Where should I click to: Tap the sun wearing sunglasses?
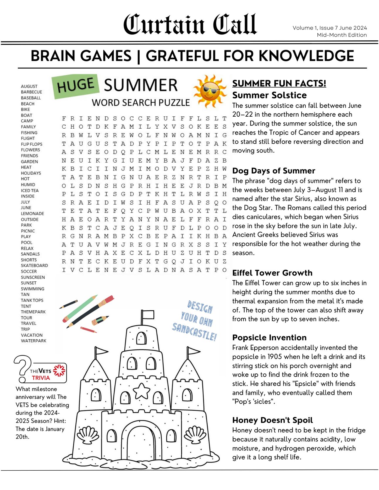[x=210, y=91]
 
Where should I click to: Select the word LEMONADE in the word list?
[x=32, y=214]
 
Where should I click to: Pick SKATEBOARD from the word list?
[x=34, y=266]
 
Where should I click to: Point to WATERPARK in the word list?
[x=33, y=341]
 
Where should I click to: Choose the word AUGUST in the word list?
[x=29, y=86]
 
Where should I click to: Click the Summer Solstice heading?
[x=269, y=95]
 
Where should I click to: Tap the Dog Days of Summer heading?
[x=273, y=171]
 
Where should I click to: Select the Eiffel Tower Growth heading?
[x=272, y=273]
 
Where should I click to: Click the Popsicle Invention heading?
[x=269, y=338]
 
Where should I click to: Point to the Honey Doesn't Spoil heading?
[x=272, y=420]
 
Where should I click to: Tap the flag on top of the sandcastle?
[x=148, y=315]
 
